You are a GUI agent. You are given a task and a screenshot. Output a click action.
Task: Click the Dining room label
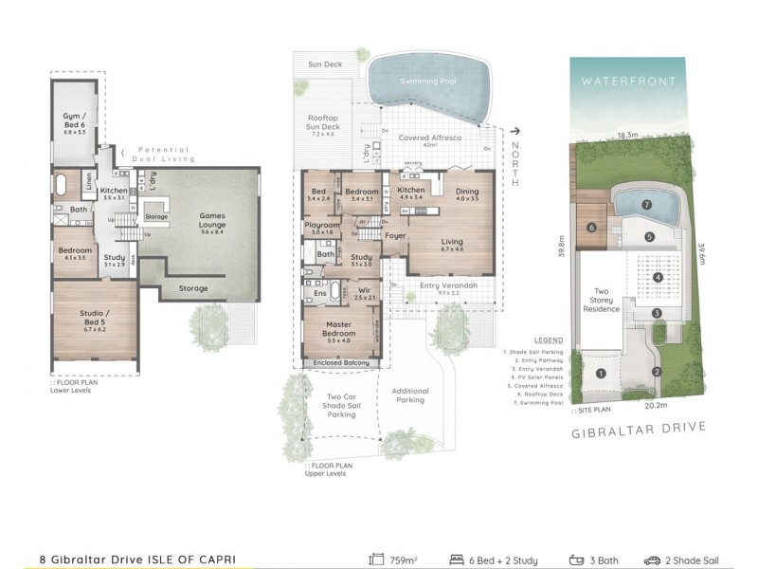(467, 193)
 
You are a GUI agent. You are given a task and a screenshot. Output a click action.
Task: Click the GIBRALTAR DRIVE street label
(640, 428)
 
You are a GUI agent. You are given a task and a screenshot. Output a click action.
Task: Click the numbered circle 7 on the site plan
(646, 204)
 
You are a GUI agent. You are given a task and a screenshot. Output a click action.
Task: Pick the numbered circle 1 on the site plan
(600, 373)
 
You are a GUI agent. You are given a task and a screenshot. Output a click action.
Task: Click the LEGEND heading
(549, 340)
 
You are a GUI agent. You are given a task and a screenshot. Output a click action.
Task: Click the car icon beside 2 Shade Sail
(653, 560)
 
